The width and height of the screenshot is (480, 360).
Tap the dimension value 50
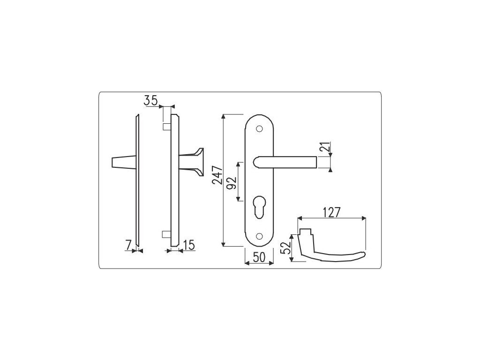coord(259,257)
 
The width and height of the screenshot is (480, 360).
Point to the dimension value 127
coord(331,212)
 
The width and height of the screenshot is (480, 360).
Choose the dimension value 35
coord(150,100)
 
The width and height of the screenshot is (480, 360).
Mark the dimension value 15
coord(189,245)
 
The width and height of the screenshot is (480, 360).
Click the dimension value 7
coord(128,245)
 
